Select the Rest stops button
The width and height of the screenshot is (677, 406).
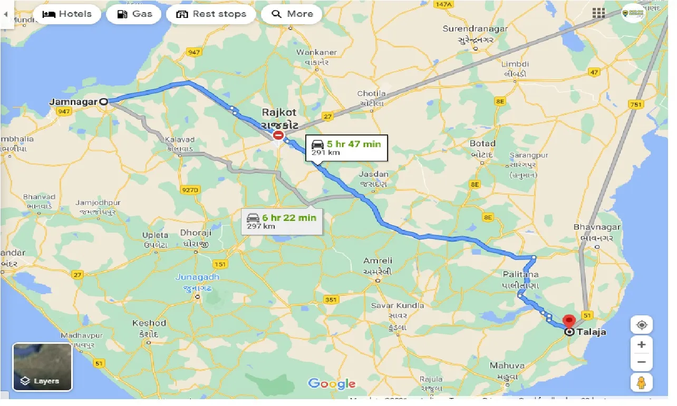tap(211, 14)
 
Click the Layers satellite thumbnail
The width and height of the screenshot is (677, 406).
tap(42, 367)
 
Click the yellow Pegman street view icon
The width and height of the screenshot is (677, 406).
tap(641, 382)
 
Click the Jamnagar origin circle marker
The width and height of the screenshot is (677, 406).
tap(104, 102)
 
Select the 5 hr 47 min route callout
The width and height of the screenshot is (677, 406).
tap(346, 147)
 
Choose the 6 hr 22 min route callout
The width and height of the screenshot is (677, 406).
tap(282, 221)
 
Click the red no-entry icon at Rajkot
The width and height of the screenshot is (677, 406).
tap(278, 135)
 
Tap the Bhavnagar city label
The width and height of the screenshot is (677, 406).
tap(597, 227)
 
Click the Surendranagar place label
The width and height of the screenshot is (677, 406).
tap(475, 29)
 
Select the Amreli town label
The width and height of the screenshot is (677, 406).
tap(378, 261)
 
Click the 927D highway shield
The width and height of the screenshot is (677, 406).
tap(189, 190)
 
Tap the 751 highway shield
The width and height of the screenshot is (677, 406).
tap(636, 104)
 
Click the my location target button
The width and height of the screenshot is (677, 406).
tap(641, 325)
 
